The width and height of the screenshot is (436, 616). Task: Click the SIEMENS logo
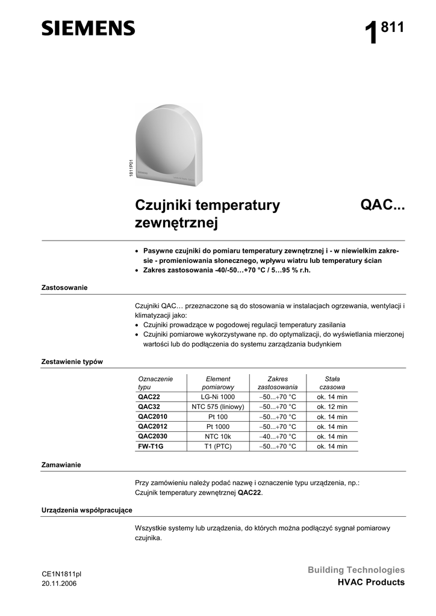(88, 28)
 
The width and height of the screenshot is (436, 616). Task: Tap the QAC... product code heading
(382, 206)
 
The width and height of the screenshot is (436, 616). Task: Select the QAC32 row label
(149, 407)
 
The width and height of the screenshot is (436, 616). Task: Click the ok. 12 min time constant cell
(332, 407)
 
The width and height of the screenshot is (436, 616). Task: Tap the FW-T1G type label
(151, 446)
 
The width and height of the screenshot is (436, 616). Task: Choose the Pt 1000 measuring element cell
(218, 427)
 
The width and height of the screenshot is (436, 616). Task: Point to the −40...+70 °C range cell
(278, 436)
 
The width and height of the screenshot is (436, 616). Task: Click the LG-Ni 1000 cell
(218, 397)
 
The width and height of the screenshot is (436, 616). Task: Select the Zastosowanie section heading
(64, 288)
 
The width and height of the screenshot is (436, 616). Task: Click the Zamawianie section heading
(61, 465)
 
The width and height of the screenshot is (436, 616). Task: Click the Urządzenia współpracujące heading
(87, 510)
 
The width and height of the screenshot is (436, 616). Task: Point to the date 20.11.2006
(59, 584)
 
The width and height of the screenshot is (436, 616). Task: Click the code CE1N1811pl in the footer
(61, 574)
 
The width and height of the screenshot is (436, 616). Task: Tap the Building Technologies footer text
(357, 570)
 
